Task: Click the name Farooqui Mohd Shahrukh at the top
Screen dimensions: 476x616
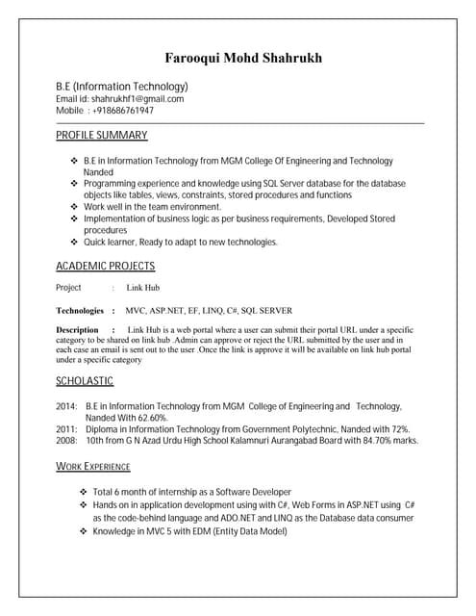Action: click(x=242, y=59)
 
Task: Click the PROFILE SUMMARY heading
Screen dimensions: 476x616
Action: click(x=101, y=136)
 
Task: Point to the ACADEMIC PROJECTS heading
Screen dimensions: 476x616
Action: click(x=105, y=267)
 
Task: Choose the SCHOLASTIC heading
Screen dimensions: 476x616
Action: click(x=85, y=382)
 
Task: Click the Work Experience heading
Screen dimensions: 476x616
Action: click(x=93, y=467)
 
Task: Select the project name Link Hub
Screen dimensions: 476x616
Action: click(x=143, y=288)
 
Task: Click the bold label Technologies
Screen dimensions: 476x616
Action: click(x=80, y=311)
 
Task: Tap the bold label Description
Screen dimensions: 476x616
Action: click(x=78, y=330)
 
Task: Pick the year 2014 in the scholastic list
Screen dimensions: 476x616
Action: click(x=66, y=407)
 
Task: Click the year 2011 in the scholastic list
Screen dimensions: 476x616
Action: click(x=66, y=429)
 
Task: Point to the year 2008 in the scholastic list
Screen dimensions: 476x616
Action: click(x=66, y=441)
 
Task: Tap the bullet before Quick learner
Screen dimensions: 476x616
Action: click(x=75, y=243)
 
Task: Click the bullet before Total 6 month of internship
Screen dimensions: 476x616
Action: click(x=84, y=492)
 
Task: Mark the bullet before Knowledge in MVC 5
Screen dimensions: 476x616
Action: click(x=84, y=530)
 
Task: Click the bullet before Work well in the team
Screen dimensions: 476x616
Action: click(x=75, y=207)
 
